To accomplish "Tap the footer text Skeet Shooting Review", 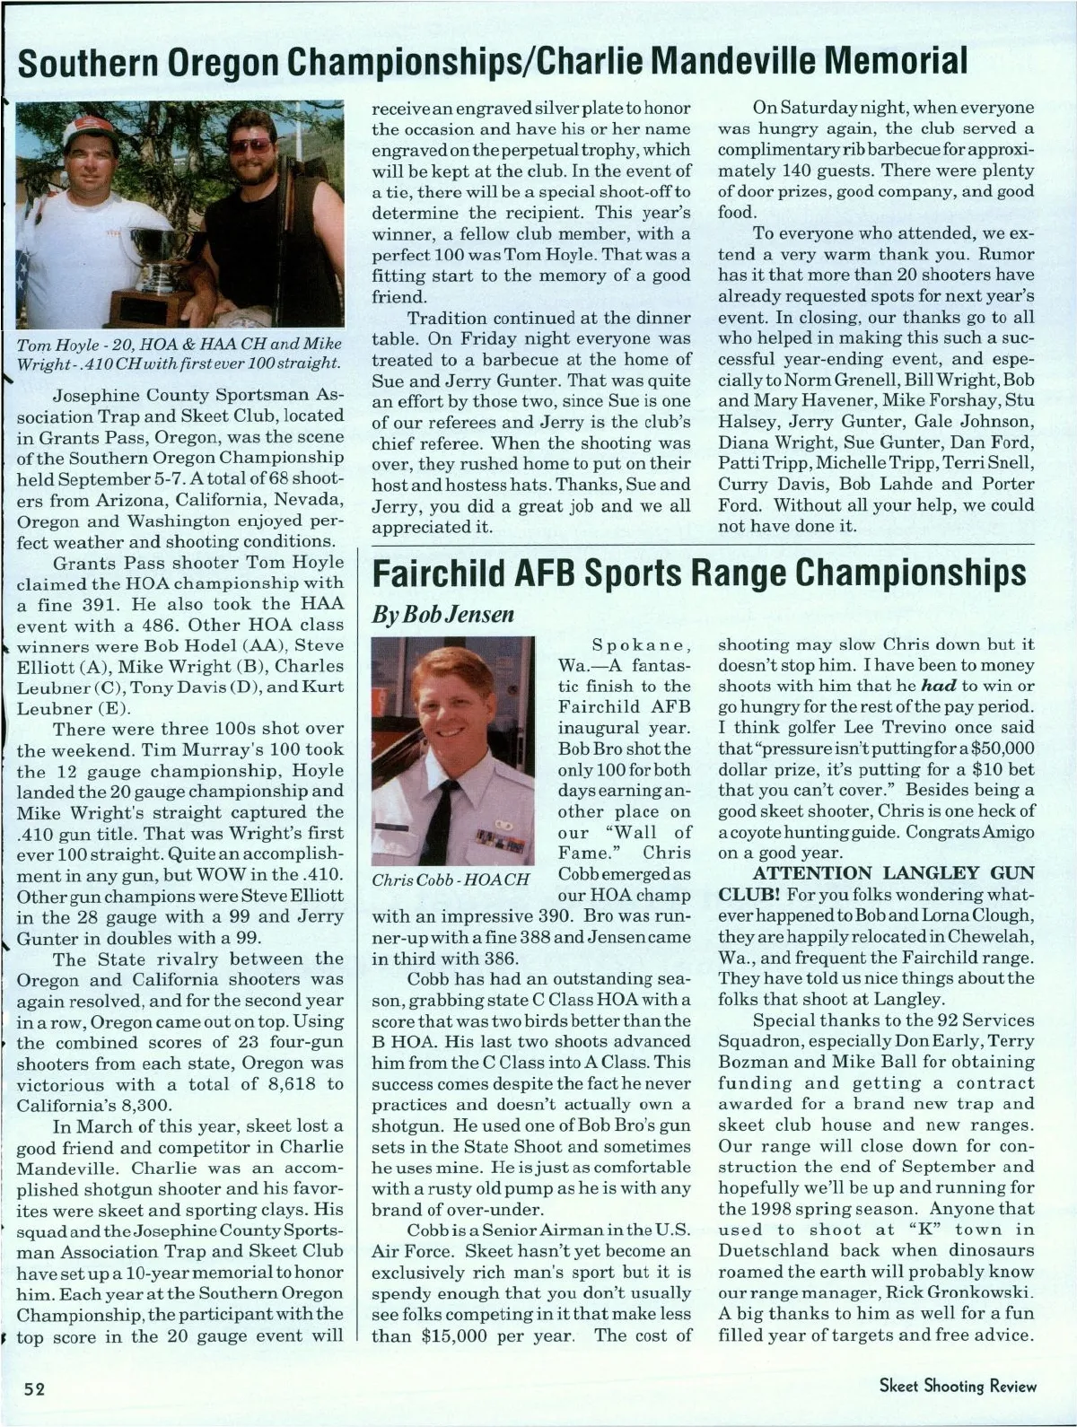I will point(957,1386).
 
